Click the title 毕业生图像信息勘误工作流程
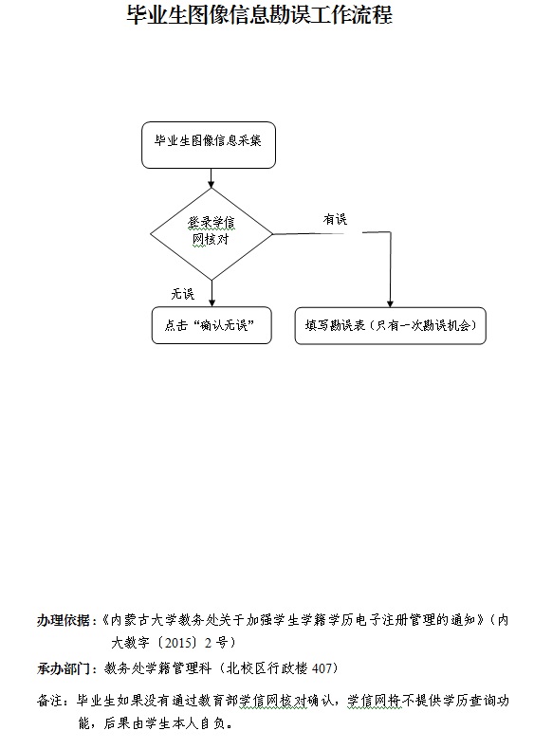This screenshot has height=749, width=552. [260, 15]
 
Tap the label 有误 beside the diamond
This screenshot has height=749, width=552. [335, 219]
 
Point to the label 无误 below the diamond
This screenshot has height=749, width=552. [183, 294]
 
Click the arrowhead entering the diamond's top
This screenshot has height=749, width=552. [212, 184]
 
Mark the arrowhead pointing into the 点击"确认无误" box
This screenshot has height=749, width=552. [212, 303]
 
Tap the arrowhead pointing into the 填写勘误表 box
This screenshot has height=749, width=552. [390, 303]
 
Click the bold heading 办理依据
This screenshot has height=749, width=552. [64, 620]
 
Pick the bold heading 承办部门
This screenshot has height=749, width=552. [64, 668]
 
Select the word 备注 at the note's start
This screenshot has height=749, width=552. [49, 701]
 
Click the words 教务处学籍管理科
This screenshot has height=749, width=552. [158, 668]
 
